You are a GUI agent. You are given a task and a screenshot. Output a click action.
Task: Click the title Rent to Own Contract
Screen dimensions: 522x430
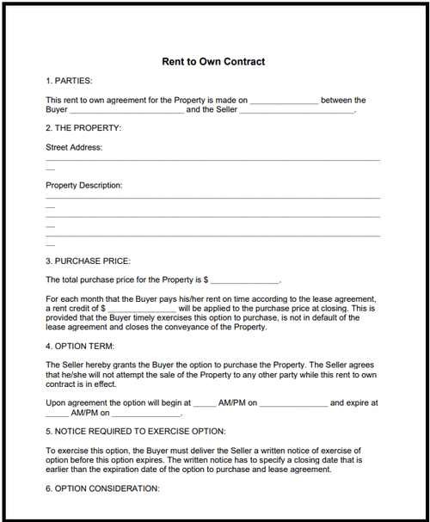click(x=213, y=62)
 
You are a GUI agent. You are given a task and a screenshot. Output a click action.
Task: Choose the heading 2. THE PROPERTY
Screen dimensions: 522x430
click(x=83, y=128)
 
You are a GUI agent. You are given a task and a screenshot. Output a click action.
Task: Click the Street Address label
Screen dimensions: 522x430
click(x=74, y=147)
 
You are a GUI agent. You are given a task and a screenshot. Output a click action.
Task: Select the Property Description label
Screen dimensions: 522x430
click(x=84, y=185)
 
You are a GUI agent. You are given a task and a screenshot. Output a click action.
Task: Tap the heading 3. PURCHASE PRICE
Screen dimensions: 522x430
click(x=88, y=261)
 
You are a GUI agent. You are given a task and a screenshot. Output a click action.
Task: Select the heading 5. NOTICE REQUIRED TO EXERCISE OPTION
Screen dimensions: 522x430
click(x=136, y=430)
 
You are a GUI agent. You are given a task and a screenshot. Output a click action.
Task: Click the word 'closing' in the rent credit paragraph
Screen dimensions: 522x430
click(x=335, y=307)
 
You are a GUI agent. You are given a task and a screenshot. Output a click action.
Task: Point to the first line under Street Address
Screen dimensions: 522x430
click(x=212, y=160)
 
